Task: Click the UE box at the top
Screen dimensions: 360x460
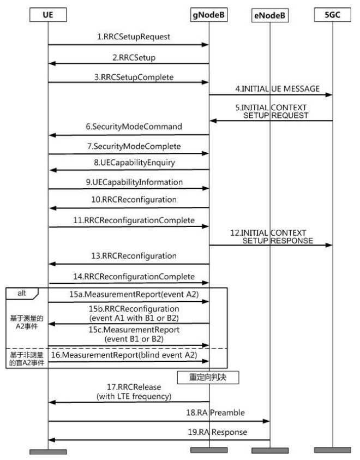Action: [x=48, y=15]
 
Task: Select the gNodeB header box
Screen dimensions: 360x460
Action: [x=209, y=15]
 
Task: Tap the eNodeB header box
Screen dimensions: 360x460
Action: [x=270, y=15]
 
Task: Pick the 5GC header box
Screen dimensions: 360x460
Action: [x=332, y=15]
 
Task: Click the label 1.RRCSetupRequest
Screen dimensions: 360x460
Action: [x=134, y=37]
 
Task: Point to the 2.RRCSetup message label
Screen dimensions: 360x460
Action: [x=134, y=57]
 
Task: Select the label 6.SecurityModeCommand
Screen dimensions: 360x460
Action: [x=134, y=127]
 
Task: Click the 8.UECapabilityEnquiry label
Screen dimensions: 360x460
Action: [x=134, y=163]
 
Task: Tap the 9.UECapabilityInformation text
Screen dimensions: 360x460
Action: [x=134, y=182]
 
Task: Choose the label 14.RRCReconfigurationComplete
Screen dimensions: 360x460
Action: [x=134, y=277]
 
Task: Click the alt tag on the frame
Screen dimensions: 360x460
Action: [x=22, y=294]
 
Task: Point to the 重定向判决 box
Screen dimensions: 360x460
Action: [x=208, y=377]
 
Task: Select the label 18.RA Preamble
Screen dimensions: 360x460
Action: [x=215, y=413]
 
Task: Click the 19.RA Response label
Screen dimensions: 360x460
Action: [x=218, y=432]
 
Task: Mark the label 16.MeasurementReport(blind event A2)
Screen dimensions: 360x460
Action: [x=124, y=355]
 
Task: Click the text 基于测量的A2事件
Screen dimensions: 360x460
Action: [x=27, y=322]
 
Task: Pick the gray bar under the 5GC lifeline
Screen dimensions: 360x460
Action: [x=332, y=450]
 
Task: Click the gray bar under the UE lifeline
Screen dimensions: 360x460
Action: [x=48, y=452]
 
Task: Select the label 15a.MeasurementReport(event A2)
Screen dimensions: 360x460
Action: [x=134, y=294]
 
